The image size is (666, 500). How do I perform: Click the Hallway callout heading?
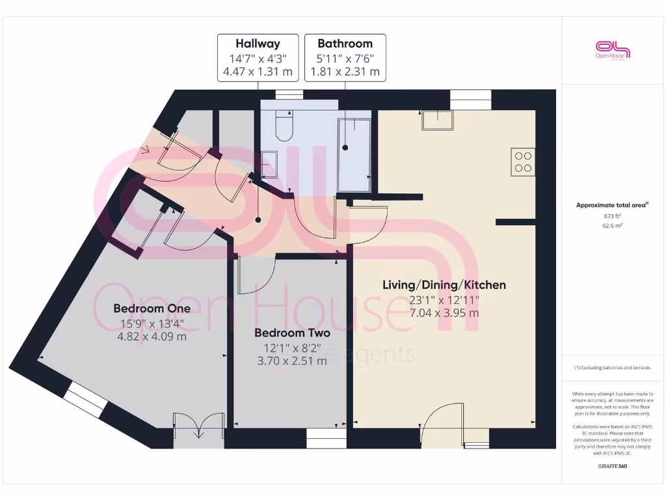point(258,44)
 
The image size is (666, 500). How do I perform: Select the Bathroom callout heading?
point(345,44)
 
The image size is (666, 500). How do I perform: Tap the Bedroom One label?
point(152,308)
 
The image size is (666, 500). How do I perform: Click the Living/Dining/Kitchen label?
point(444,285)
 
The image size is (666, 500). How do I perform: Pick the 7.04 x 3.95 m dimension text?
point(444,312)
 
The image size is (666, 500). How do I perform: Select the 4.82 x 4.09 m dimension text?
point(152,337)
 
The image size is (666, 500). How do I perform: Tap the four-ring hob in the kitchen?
point(523,161)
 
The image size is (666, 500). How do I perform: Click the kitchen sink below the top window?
point(438,120)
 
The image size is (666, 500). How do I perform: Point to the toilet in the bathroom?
point(285,126)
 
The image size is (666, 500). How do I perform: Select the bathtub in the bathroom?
point(354,155)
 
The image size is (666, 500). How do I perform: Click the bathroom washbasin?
point(269,165)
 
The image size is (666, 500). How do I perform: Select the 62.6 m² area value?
point(612,226)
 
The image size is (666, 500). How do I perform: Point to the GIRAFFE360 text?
point(612,466)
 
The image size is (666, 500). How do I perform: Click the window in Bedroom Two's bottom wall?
point(323,443)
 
